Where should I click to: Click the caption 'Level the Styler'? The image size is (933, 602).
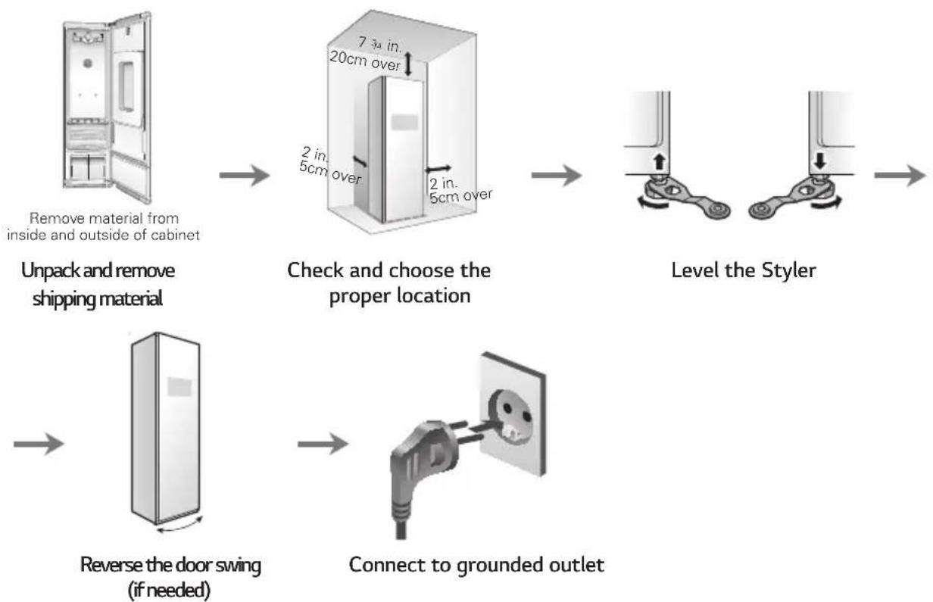click(744, 271)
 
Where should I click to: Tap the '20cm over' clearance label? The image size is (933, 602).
click(365, 61)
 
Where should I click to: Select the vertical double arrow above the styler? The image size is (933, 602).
click(407, 63)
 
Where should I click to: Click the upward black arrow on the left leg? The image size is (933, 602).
click(659, 161)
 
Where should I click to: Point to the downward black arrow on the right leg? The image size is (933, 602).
click(820, 161)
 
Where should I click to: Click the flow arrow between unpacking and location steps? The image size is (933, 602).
click(245, 175)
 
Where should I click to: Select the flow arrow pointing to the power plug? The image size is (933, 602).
click(323, 444)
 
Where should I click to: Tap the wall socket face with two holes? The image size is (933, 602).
click(512, 413)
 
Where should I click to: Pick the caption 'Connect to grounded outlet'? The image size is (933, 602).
click(476, 566)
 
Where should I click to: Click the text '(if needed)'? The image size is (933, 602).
click(169, 590)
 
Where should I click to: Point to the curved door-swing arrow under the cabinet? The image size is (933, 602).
click(179, 528)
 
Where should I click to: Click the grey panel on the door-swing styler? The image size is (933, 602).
click(179, 387)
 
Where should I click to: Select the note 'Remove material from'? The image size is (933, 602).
click(105, 218)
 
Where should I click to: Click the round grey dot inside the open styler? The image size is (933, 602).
click(88, 64)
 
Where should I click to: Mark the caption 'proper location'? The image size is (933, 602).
click(400, 297)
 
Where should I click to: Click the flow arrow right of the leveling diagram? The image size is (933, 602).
click(900, 175)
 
